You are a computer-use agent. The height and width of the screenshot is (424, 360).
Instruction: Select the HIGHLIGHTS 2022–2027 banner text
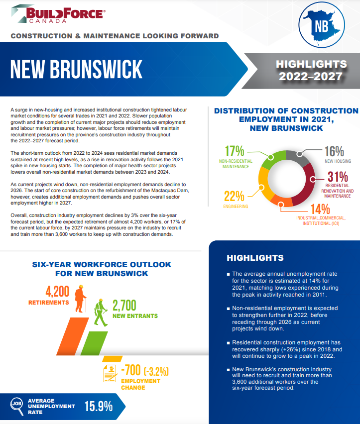coord(311,70)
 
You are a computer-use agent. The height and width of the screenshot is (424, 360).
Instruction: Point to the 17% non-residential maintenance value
coord(235,151)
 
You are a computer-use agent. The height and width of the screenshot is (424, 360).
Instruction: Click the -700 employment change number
coord(131,371)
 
